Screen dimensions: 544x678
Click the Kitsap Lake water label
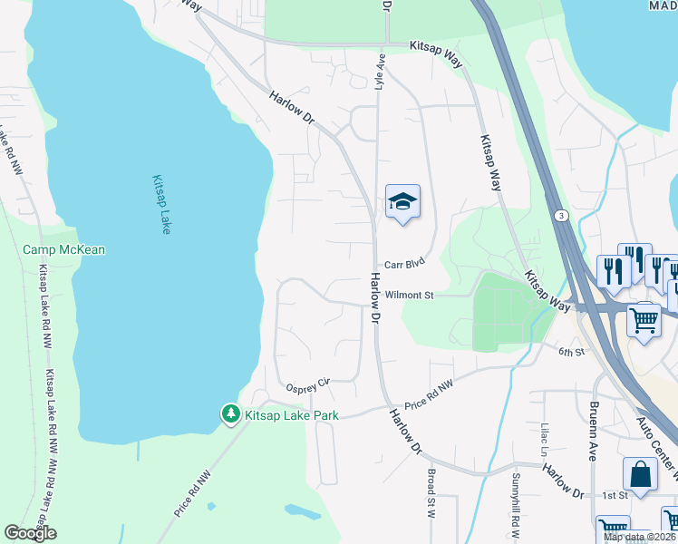pyautogui.click(x=160, y=205)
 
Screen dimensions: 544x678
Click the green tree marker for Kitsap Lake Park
pyautogui.click(x=231, y=415)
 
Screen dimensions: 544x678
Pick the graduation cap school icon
pyautogui.click(x=402, y=201)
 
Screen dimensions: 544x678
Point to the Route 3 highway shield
pyautogui.click(x=562, y=215)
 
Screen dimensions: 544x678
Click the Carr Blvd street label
pyautogui.click(x=404, y=265)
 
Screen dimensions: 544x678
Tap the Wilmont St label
pyautogui.click(x=410, y=296)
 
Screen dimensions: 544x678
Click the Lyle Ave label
pyautogui.click(x=381, y=72)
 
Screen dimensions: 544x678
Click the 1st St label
pyautogui.click(x=615, y=496)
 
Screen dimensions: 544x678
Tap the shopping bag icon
pyautogui.click(x=640, y=474)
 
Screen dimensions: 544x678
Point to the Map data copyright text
pyautogui.click(x=639, y=538)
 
